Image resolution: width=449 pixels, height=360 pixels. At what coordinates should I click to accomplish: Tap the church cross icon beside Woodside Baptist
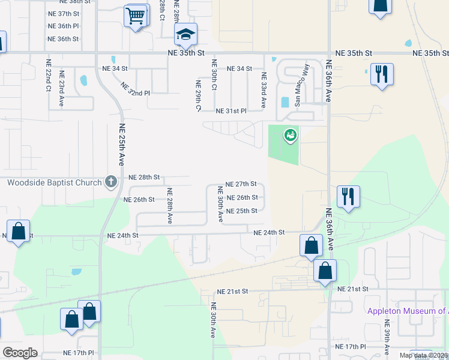(110, 182)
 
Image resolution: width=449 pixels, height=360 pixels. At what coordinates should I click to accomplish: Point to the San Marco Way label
(301, 85)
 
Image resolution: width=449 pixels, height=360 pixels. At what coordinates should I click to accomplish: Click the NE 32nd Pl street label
(135, 89)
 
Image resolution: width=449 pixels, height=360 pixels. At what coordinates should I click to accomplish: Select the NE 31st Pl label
(232, 111)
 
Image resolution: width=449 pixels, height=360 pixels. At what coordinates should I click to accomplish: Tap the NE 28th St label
(145, 178)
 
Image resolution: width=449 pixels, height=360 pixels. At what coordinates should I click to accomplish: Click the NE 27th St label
(241, 184)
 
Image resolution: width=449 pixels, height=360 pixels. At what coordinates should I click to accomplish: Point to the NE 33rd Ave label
(263, 91)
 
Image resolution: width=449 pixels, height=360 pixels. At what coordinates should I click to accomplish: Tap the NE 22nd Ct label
(49, 74)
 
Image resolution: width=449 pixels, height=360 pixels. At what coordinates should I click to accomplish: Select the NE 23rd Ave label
(62, 88)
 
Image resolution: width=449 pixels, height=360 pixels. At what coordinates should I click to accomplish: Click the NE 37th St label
(63, 13)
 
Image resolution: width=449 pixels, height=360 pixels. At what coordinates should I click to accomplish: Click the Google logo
(20, 353)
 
